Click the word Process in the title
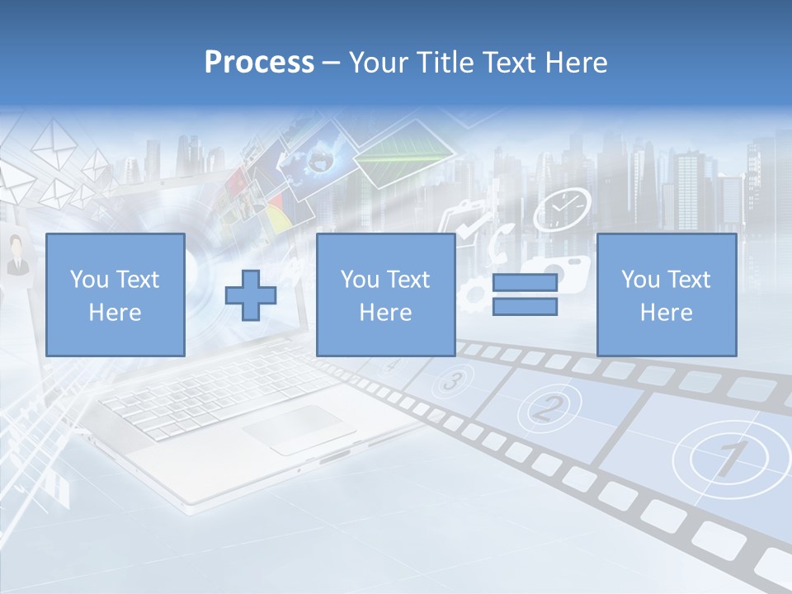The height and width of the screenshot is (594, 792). [x=259, y=63]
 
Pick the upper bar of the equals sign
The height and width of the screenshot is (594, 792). [x=525, y=283]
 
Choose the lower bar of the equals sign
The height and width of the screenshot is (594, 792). [x=525, y=307]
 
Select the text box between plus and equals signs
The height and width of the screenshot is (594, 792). [x=385, y=295]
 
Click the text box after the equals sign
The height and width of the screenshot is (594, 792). [x=666, y=295]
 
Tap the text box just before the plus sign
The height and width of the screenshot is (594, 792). [x=115, y=295]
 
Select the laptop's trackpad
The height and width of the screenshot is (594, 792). [x=293, y=427]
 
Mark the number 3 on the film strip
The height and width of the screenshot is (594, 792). [x=452, y=381]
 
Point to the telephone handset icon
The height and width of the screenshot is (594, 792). [x=501, y=240]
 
